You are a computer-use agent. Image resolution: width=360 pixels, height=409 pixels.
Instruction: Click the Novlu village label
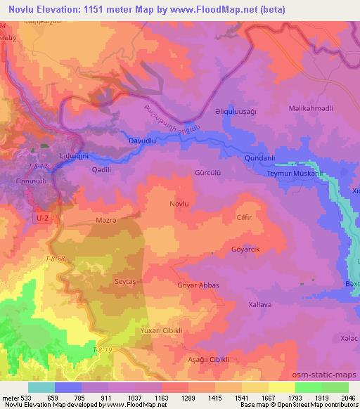[179, 203]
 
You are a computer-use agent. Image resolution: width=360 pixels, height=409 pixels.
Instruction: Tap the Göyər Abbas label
[200, 285]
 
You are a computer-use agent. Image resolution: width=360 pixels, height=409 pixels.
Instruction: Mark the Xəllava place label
[260, 305]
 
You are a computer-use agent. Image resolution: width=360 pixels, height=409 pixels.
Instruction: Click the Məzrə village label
[105, 220]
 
